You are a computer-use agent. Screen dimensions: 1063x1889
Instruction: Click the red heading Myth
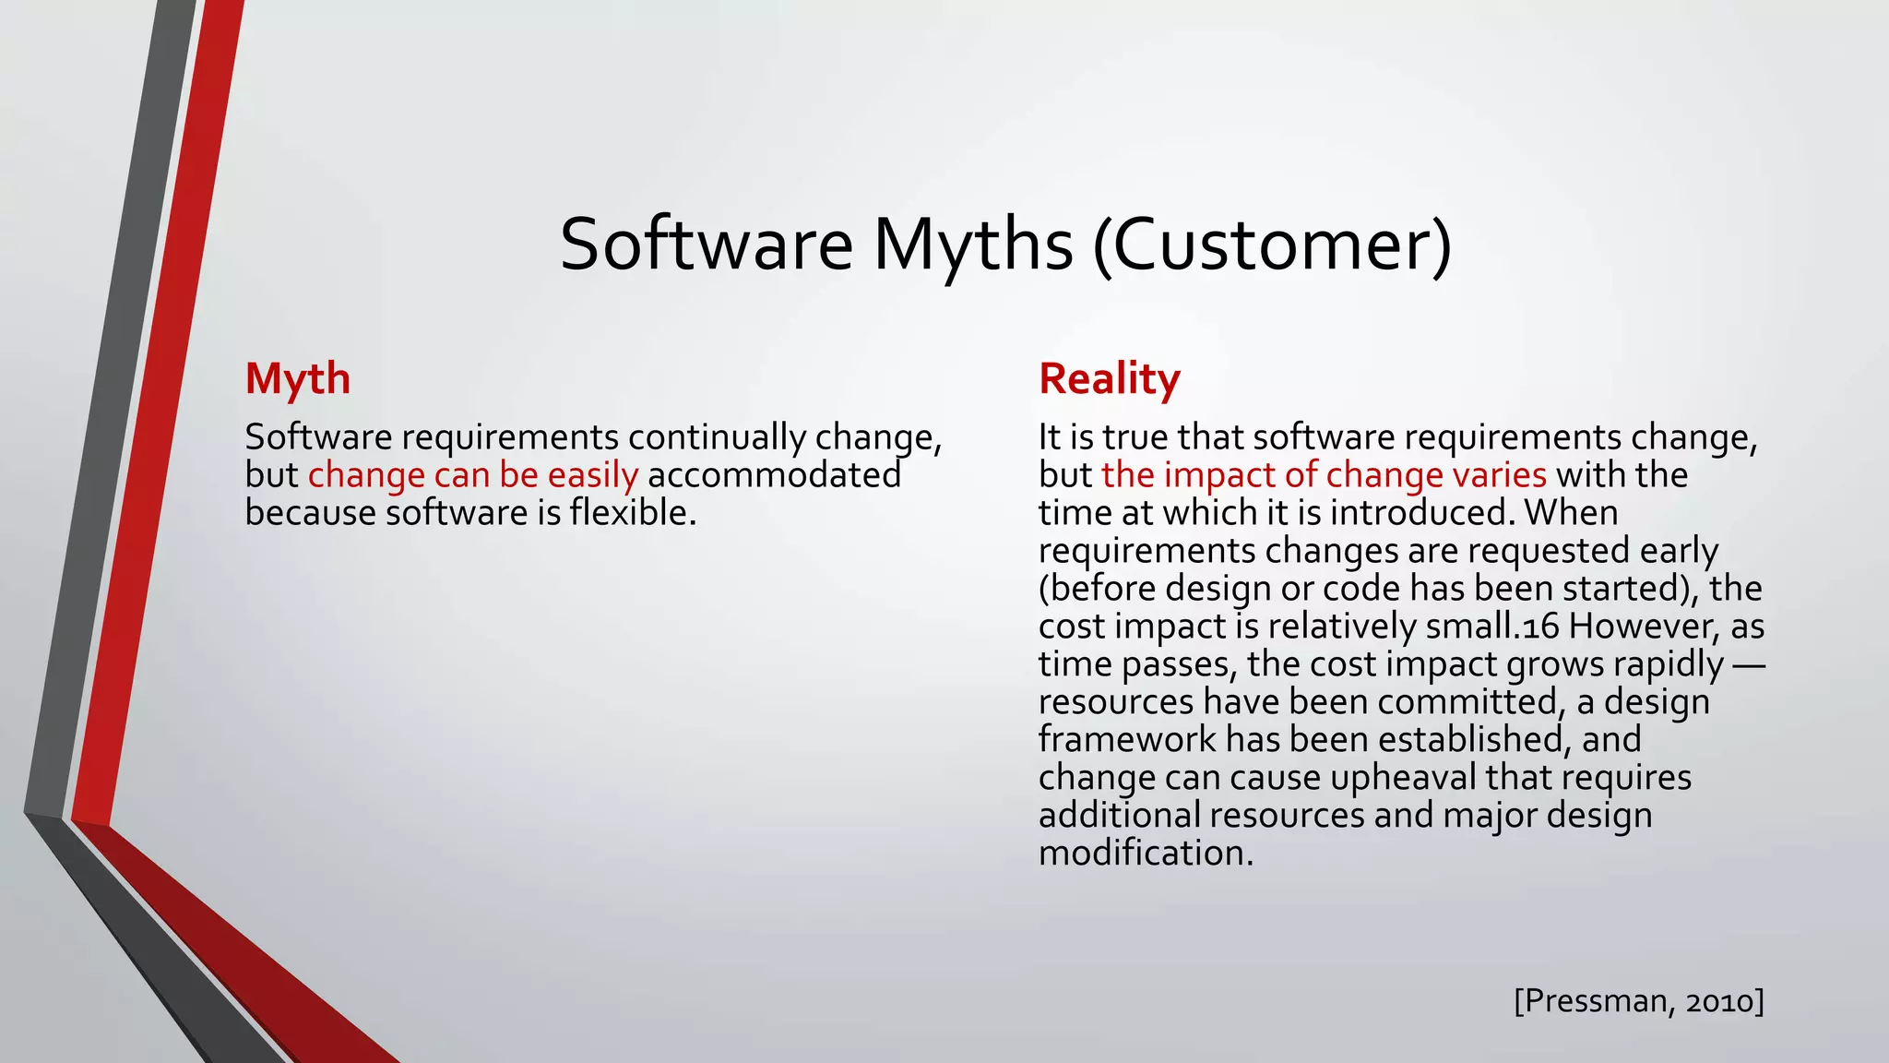297,379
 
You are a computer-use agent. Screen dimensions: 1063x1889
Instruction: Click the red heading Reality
1109,379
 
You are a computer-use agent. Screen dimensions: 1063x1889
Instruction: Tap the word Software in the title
706,245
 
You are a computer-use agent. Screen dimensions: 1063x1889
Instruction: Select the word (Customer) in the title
1272,245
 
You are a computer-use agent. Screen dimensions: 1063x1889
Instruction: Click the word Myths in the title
972,245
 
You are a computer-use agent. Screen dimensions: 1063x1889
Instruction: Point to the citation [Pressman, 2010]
1638,1000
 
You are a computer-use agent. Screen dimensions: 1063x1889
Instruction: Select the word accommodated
774,475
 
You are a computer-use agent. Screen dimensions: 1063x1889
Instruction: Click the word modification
1146,854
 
